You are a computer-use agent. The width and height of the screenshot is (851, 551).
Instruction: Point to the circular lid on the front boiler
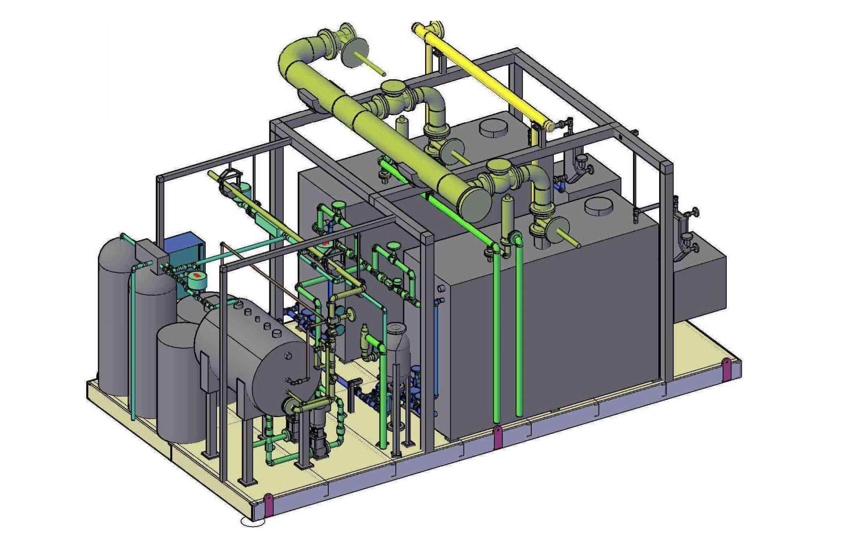[599, 206]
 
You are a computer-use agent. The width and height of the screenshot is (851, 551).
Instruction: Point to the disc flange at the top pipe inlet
[355, 52]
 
